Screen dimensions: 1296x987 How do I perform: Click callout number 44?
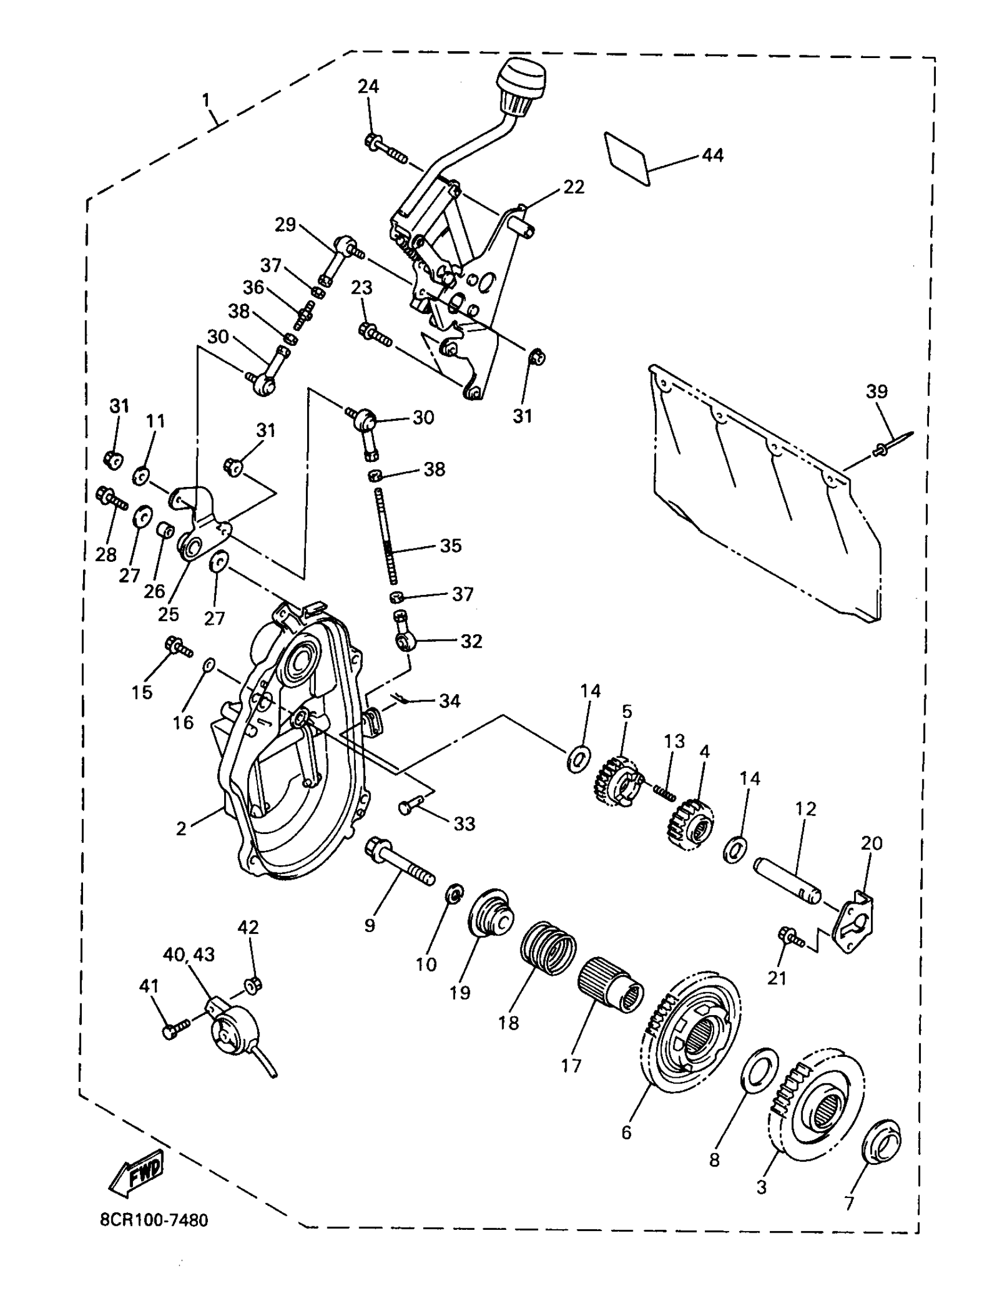(x=712, y=155)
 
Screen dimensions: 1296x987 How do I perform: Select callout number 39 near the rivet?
(x=877, y=391)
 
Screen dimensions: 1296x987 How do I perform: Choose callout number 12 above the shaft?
(x=805, y=809)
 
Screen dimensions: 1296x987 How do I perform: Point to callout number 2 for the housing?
(x=181, y=829)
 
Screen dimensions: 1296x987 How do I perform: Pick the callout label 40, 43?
(x=189, y=954)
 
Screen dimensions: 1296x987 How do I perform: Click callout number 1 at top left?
(x=206, y=101)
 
